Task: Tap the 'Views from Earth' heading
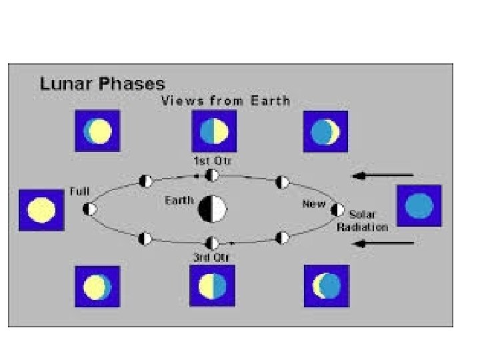(x=225, y=101)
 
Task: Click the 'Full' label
(x=79, y=191)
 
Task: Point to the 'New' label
(x=313, y=204)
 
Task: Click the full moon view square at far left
(x=41, y=211)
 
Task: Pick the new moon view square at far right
(x=419, y=205)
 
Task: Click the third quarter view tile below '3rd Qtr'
(x=212, y=286)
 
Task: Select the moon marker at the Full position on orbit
(x=89, y=209)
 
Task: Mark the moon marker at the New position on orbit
(x=338, y=210)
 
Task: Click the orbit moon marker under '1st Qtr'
(x=212, y=175)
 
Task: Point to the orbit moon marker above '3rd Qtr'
(x=212, y=243)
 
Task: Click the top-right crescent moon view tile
(x=326, y=131)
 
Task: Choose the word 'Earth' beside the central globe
(x=180, y=201)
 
